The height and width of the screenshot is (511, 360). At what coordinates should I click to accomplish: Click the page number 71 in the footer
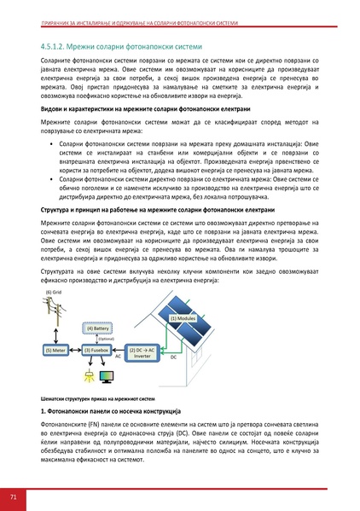pos(14,496)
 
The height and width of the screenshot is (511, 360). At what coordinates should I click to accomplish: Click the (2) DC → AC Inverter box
pos(142,351)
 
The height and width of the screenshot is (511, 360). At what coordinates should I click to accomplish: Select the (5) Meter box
pos(57,351)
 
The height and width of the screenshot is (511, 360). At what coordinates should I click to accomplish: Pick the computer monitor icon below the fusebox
pos(109,375)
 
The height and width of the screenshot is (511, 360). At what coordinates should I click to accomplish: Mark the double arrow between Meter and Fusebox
pos(75,351)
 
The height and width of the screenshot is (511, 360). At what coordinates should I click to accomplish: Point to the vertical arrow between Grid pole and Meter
pos(57,338)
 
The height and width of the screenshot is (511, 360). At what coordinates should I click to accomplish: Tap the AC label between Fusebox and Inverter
pos(119,357)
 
